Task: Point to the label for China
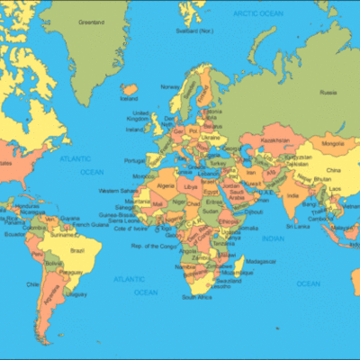334,169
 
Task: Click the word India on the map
292,194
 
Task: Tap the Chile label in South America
33,283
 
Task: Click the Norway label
169,86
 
